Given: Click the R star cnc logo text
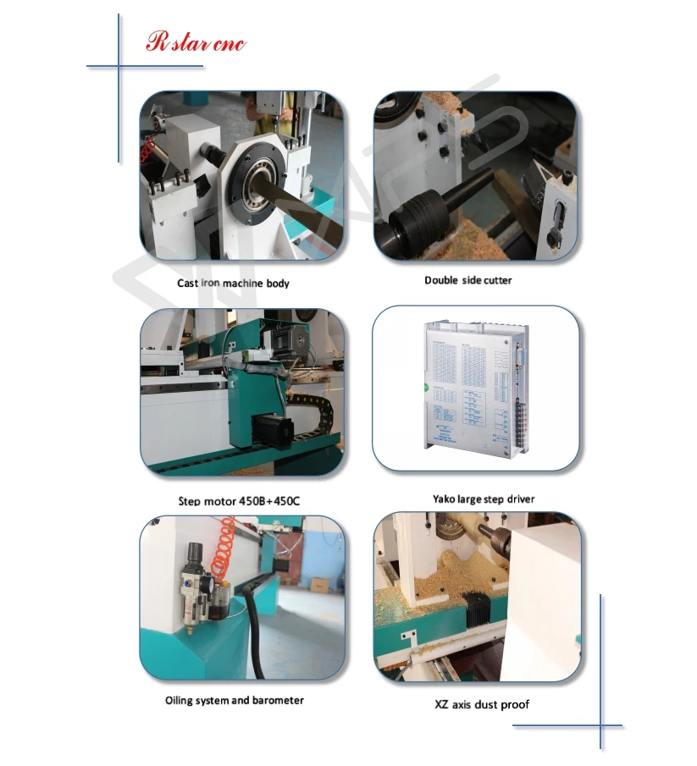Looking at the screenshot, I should pyautogui.click(x=196, y=42).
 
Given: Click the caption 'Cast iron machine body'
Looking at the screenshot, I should pyautogui.click(x=233, y=284).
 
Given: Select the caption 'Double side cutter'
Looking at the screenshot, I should pyautogui.click(x=467, y=280).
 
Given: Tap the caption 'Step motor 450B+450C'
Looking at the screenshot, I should pyautogui.click(x=239, y=501).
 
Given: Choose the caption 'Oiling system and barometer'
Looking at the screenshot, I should pyautogui.click(x=234, y=701).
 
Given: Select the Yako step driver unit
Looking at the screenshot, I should pyautogui.click(x=473, y=384).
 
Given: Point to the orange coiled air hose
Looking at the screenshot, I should pyautogui.click(x=227, y=550).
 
